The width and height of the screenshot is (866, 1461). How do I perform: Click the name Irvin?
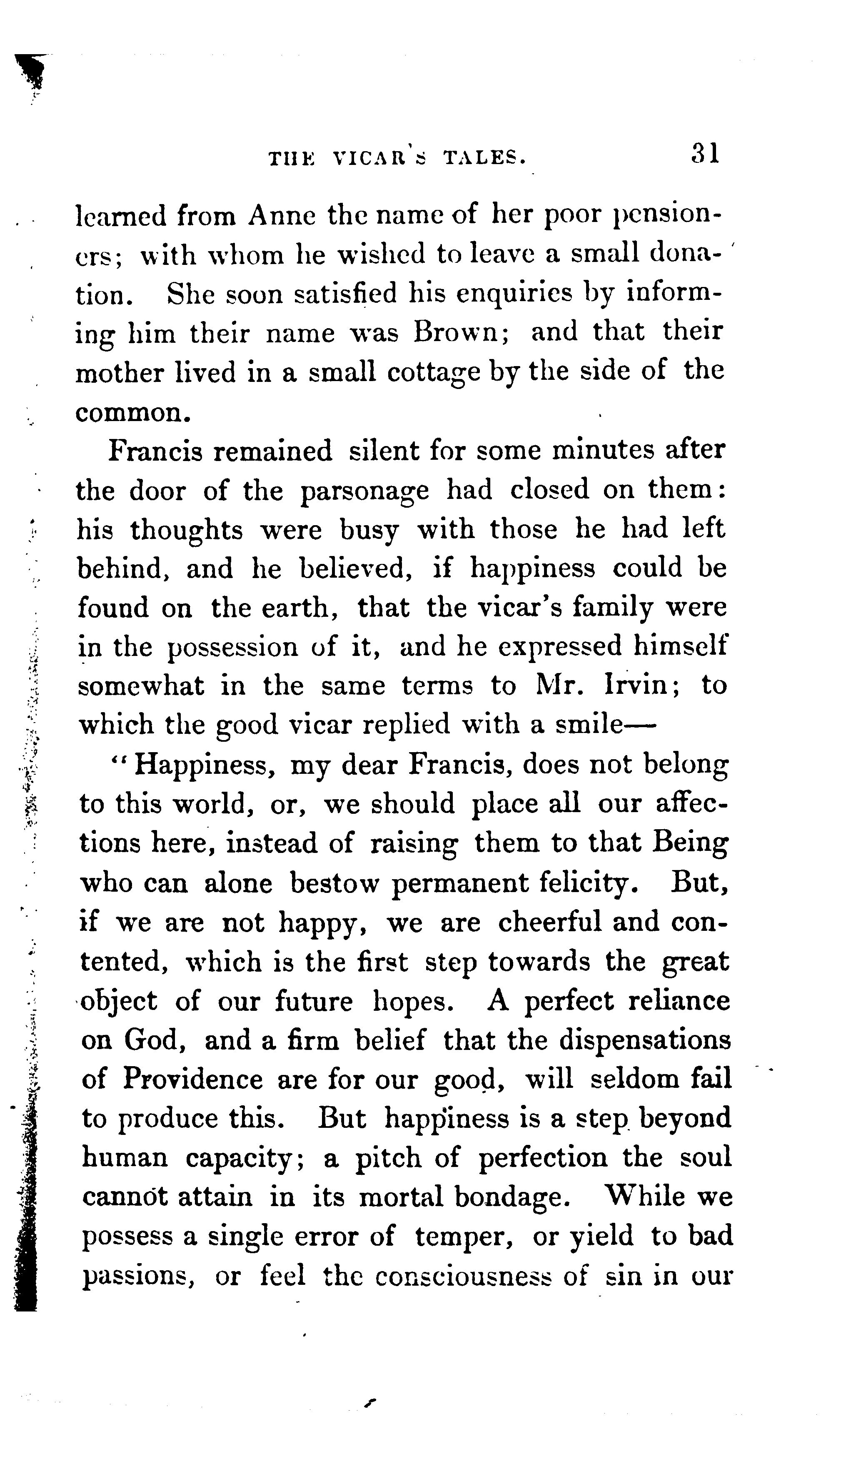pos(635,685)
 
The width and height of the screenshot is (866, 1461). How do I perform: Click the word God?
pos(155,1040)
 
